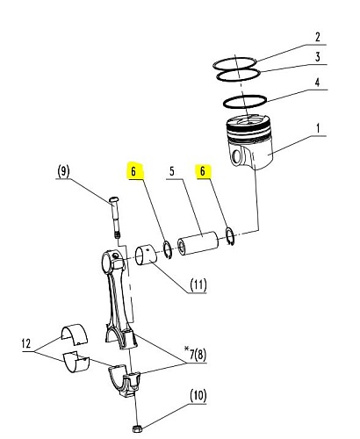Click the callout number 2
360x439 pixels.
pyautogui.click(x=318, y=37)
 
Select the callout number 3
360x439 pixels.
pyautogui.click(x=318, y=56)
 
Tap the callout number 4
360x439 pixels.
pyautogui.click(x=318, y=83)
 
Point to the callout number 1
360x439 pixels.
pyautogui.click(x=318, y=128)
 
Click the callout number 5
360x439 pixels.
pyautogui.click(x=172, y=171)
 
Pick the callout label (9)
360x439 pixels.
pyautogui.click(x=63, y=170)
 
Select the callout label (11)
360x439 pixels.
pyautogui.click(x=198, y=284)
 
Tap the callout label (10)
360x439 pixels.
pyautogui.click(x=198, y=396)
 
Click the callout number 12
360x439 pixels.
pyautogui.click(x=26, y=343)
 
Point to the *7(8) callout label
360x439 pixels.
pyautogui.click(x=195, y=354)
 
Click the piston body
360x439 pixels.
pyautogui.click(x=249, y=142)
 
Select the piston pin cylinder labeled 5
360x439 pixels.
pyautogui.click(x=198, y=244)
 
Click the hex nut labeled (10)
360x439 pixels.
pyautogui.click(x=136, y=429)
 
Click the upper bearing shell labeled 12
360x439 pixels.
pyautogui.click(x=75, y=334)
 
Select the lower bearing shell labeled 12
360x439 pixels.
pyautogui.click(x=76, y=362)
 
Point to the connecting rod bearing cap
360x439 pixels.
pyautogui.click(x=125, y=380)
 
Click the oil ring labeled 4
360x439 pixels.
pyautogui.click(x=245, y=102)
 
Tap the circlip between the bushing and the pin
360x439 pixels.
pyautogui.click(x=168, y=250)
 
